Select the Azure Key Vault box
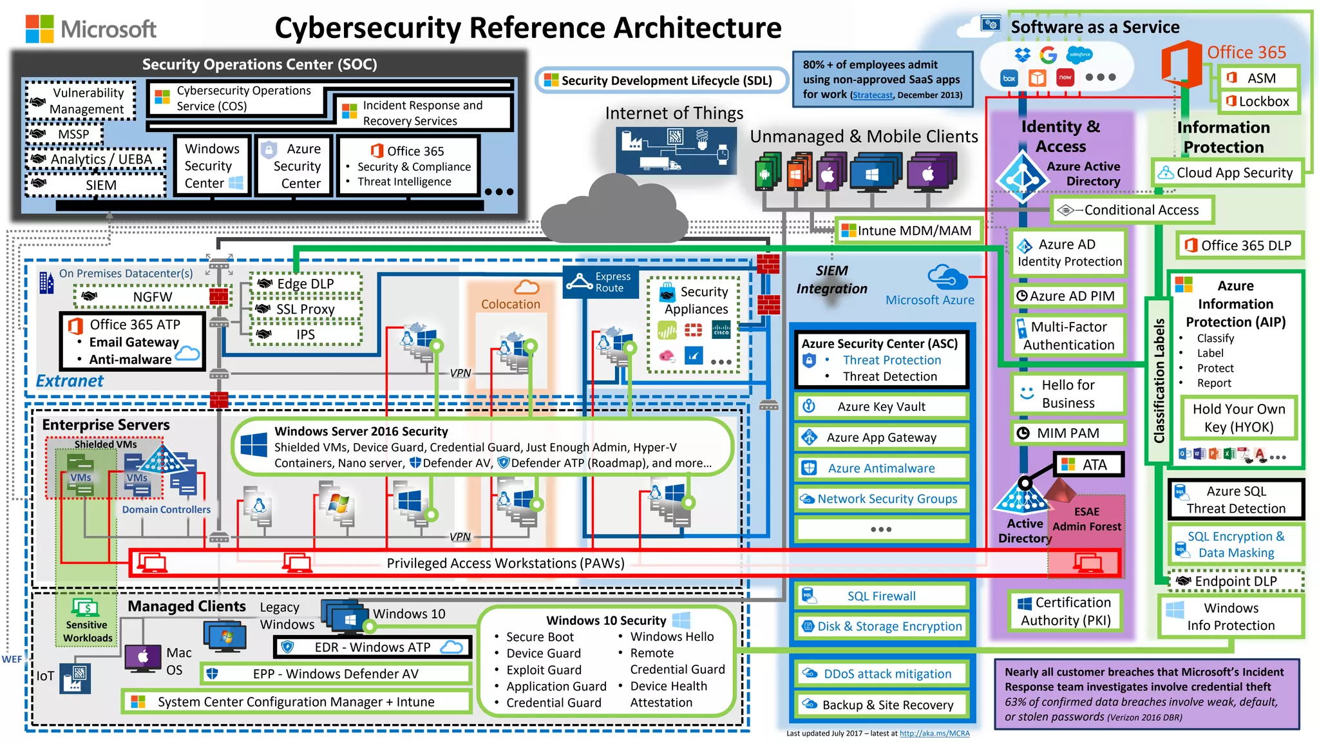881,406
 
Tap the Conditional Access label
1134,210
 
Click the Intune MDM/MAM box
908,231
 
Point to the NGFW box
152,297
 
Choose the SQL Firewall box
881,596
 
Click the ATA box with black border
1088,464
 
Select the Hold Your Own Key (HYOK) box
1238,418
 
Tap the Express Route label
601,282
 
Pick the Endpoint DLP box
1235,581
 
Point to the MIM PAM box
1067,433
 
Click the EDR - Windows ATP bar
372,647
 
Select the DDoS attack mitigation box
881,674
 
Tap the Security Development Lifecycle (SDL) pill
661,81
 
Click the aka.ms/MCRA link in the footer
934,733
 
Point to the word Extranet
70,381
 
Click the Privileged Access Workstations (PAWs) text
506,563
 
